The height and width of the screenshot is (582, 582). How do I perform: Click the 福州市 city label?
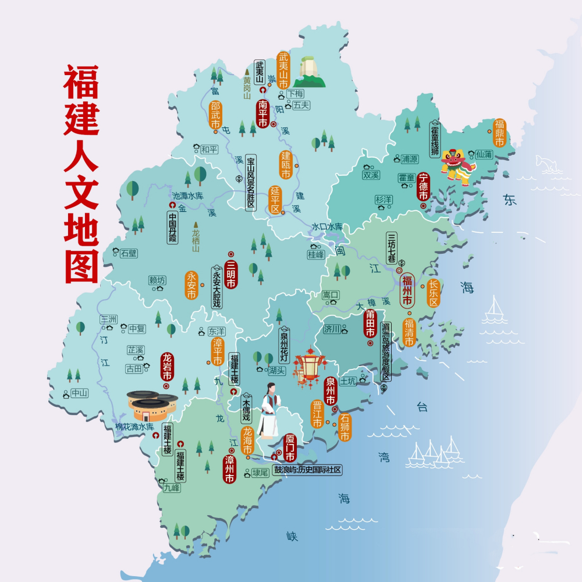(407, 290)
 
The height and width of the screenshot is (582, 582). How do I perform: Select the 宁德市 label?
(424, 187)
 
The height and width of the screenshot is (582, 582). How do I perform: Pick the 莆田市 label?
(370, 323)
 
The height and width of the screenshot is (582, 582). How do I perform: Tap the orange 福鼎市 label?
(499, 133)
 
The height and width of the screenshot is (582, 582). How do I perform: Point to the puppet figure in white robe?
(269, 411)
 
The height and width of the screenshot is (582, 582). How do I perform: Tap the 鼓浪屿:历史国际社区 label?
(307, 470)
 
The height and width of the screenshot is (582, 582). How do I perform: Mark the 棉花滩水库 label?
(134, 427)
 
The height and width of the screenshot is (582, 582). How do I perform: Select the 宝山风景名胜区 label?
(251, 182)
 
